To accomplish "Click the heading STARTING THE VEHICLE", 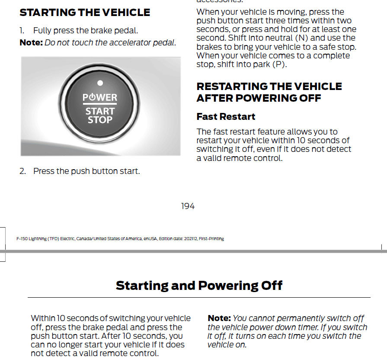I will [85, 13].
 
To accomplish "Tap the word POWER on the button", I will [100, 97].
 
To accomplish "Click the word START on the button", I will [100, 111].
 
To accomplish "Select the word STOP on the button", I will [100, 119].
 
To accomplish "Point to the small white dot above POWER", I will [100, 83].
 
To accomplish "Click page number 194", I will [188, 206].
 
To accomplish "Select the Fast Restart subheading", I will [226, 117].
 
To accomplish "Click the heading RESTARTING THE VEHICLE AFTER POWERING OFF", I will [269, 92].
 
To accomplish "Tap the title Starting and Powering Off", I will [199, 286].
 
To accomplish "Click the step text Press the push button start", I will [86, 171].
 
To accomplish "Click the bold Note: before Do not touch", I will [31, 43].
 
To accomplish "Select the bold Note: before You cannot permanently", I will [219, 318].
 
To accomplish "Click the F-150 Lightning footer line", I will [120, 239].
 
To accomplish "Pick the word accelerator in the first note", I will [130, 43].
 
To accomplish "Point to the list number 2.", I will [22, 171].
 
